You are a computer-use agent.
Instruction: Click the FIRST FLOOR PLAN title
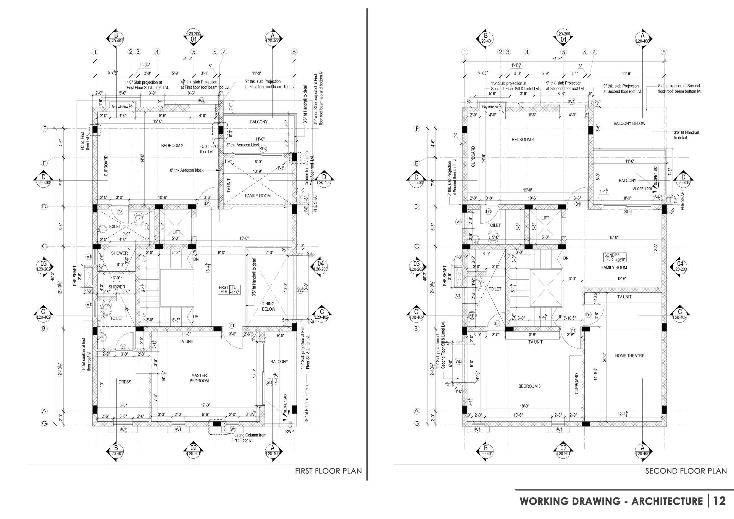(x=328, y=471)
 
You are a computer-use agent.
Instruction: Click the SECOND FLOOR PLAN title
(x=686, y=471)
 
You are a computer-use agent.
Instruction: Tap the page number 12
(x=720, y=501)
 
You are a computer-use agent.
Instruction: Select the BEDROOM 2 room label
(x=172, y=146)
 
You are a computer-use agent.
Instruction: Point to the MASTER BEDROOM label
(x=199, y=378)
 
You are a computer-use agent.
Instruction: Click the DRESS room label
(x=125, y=382)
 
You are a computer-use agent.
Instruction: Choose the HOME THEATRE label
(x=630, y=356)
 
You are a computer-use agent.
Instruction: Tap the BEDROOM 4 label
(x=523, y=140)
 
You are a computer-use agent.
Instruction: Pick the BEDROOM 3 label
(x=529, y=386)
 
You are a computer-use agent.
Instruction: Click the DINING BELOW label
(x=268, y=306)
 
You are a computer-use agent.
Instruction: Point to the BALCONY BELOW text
(x=630, y=123)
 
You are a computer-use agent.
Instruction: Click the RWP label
(x=290, y=431)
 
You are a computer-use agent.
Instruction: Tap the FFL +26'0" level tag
(x=614, y=257)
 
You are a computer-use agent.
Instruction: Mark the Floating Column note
(x=249, y=438)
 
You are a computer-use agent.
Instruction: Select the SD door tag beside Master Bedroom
(x=269, y=383)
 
